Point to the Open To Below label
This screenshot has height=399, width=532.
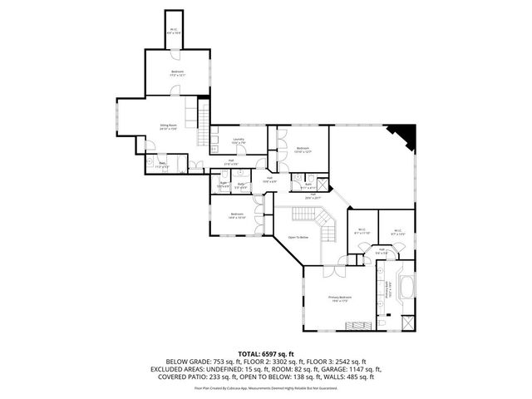tap(298, 237)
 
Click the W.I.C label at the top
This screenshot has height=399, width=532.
tap(173, 31)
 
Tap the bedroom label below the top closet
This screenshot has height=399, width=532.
tap(177, 73)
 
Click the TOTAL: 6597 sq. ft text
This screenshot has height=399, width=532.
tap(266, 353)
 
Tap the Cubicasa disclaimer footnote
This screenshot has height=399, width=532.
tap(266, 387)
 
